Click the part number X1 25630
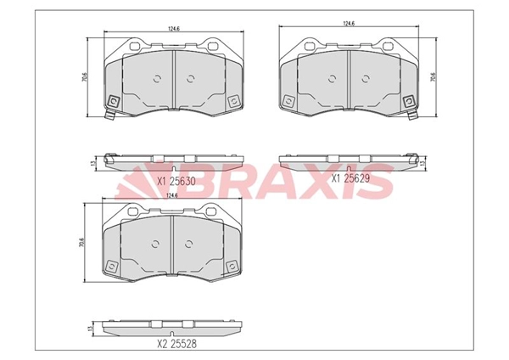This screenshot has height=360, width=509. tap(176, 182)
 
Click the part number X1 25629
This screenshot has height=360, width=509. tap(350, 178)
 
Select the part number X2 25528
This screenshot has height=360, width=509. tap(177, 344)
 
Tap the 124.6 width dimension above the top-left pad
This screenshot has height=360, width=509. tap(174, 29)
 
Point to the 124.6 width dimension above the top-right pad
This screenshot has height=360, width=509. tap(349, 24)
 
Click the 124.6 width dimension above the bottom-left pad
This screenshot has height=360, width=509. tap(171, 195)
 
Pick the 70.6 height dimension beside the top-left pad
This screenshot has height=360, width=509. tap(84, 77)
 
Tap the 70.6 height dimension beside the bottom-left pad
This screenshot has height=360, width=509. tap(81, 243)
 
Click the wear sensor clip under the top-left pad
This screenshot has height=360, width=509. tap(110, 115)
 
